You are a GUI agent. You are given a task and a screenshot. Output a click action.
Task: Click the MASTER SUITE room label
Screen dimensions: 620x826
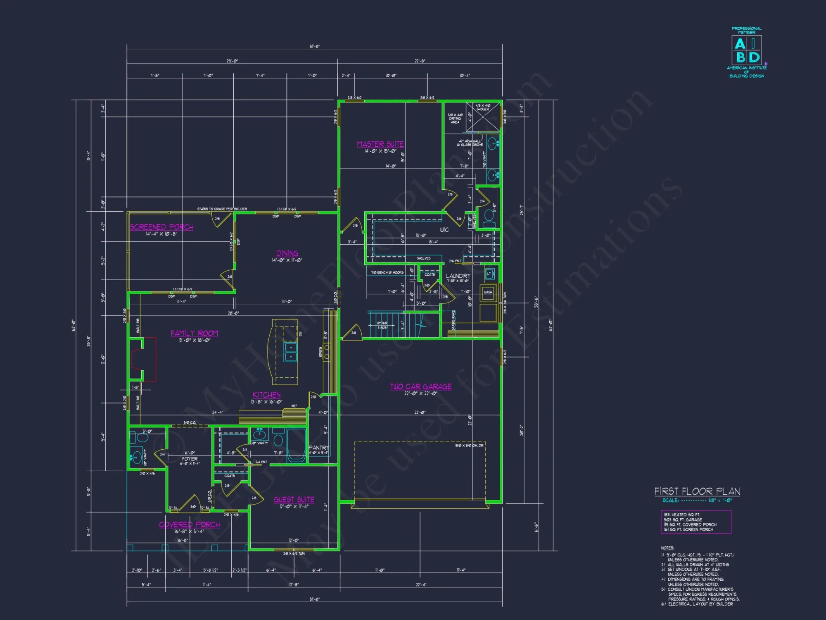[x=380, y=144]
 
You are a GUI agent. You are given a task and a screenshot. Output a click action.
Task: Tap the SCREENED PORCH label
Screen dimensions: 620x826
[x=161, y=227]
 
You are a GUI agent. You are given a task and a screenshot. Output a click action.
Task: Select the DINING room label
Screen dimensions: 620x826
[x=287, y=253]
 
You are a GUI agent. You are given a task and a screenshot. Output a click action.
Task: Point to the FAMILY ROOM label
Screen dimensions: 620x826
[x=194, y=333]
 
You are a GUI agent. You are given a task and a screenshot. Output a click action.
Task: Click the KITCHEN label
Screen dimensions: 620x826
[x=266, y=395]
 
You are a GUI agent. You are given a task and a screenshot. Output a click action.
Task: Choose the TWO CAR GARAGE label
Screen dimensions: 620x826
[x=421, y=386]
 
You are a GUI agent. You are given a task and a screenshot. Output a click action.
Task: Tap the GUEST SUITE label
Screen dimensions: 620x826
[x=294, y=500]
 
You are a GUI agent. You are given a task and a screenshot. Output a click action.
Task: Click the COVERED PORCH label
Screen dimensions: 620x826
[x=189, y=525]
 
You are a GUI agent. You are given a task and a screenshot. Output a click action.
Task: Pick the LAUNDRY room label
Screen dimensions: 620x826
[x=458, y=276]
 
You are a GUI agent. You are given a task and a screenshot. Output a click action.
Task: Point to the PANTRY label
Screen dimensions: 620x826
[x=318, y=448]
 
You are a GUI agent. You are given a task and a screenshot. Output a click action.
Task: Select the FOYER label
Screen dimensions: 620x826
[x=190, y=459]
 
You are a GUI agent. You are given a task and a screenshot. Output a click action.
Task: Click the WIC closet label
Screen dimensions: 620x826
[x=444, y=230]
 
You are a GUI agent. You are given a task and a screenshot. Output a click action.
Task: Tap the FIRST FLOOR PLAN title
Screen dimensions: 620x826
[x=697, y=491]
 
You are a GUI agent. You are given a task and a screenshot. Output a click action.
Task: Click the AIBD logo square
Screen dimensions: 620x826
[x=747, y=50]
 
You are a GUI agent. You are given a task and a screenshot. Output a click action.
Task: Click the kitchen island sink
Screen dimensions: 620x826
[x=290, y=352]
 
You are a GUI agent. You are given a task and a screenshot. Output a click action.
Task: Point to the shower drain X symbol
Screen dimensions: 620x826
[x=483, y=117]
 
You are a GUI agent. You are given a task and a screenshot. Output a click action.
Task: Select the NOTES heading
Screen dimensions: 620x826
[x=667, y=548]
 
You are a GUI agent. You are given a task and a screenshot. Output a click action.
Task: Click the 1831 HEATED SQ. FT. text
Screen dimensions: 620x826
[x=682, y=515]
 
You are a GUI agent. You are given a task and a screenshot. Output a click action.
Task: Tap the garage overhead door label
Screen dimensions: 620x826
[x=469, y=446]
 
